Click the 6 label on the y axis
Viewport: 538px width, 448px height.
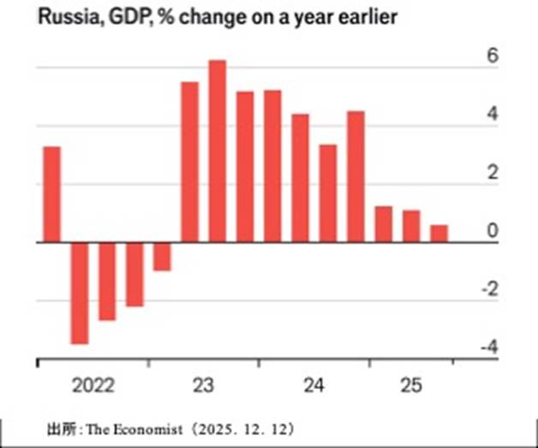pyautogui.click(x=492, y=56)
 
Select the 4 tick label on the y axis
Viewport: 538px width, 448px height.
pyautogui.click(x=492, y=115)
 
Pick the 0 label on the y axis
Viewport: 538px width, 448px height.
pyautogui.click(x=492, y=231)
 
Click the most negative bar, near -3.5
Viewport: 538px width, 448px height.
pyautogui.click(x=80, y=292)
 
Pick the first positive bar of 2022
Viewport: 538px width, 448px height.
pyautogui.click(x=51, y=194)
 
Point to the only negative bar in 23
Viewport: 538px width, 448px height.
pyautogui.click(x=162, y=256)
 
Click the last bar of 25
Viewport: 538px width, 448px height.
pyautogui.click(x=439, y=233)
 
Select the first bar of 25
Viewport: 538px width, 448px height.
pyautogui.click(x=383, y=224)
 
